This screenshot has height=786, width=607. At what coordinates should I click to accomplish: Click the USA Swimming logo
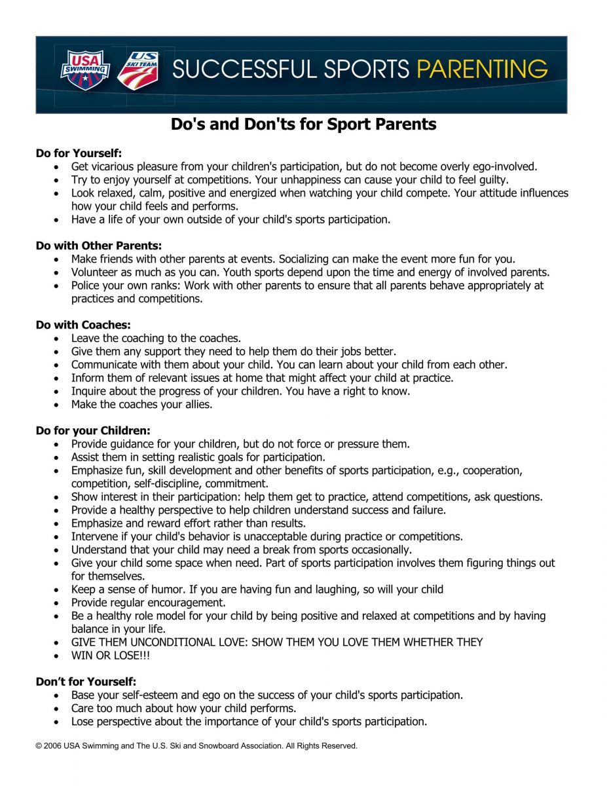point(85,71)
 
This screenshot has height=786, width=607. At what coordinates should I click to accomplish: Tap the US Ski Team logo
point(138,70)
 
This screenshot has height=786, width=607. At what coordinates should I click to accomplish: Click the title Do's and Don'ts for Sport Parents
point(304,124)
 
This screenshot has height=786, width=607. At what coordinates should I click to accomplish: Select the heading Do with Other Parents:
point(99,246)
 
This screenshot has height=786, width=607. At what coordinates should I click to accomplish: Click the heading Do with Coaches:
point(84,326)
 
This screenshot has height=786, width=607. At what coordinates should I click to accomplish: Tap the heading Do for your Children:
point(94,431)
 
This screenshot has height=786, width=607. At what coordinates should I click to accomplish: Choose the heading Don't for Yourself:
point(86,682)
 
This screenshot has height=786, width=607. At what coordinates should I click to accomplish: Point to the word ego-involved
point(505,167)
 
